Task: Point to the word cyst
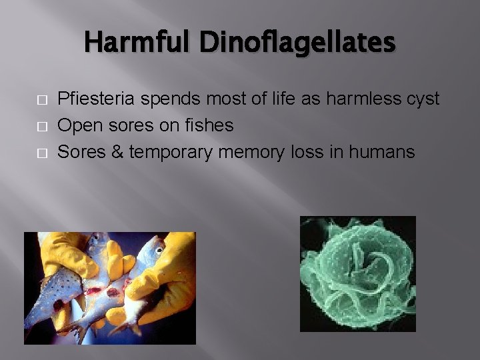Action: coord(421,99)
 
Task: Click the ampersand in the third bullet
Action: coord(117,152)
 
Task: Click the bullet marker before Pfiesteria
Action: coord(41,99)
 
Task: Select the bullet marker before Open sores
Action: coord(41,126)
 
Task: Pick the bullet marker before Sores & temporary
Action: coord(41,153)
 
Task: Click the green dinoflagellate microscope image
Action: coord(357,273)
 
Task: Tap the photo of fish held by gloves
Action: coord(109,287)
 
